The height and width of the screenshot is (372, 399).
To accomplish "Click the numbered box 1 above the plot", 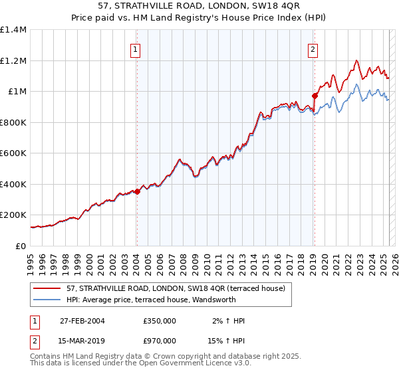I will [x=136, y=48].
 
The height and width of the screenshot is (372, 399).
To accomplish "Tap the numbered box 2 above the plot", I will [x=313, y=48].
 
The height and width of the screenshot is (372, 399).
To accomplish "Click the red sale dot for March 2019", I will [x=315, y=96].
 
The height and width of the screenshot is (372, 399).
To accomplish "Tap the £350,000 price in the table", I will [x=160, y=321].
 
